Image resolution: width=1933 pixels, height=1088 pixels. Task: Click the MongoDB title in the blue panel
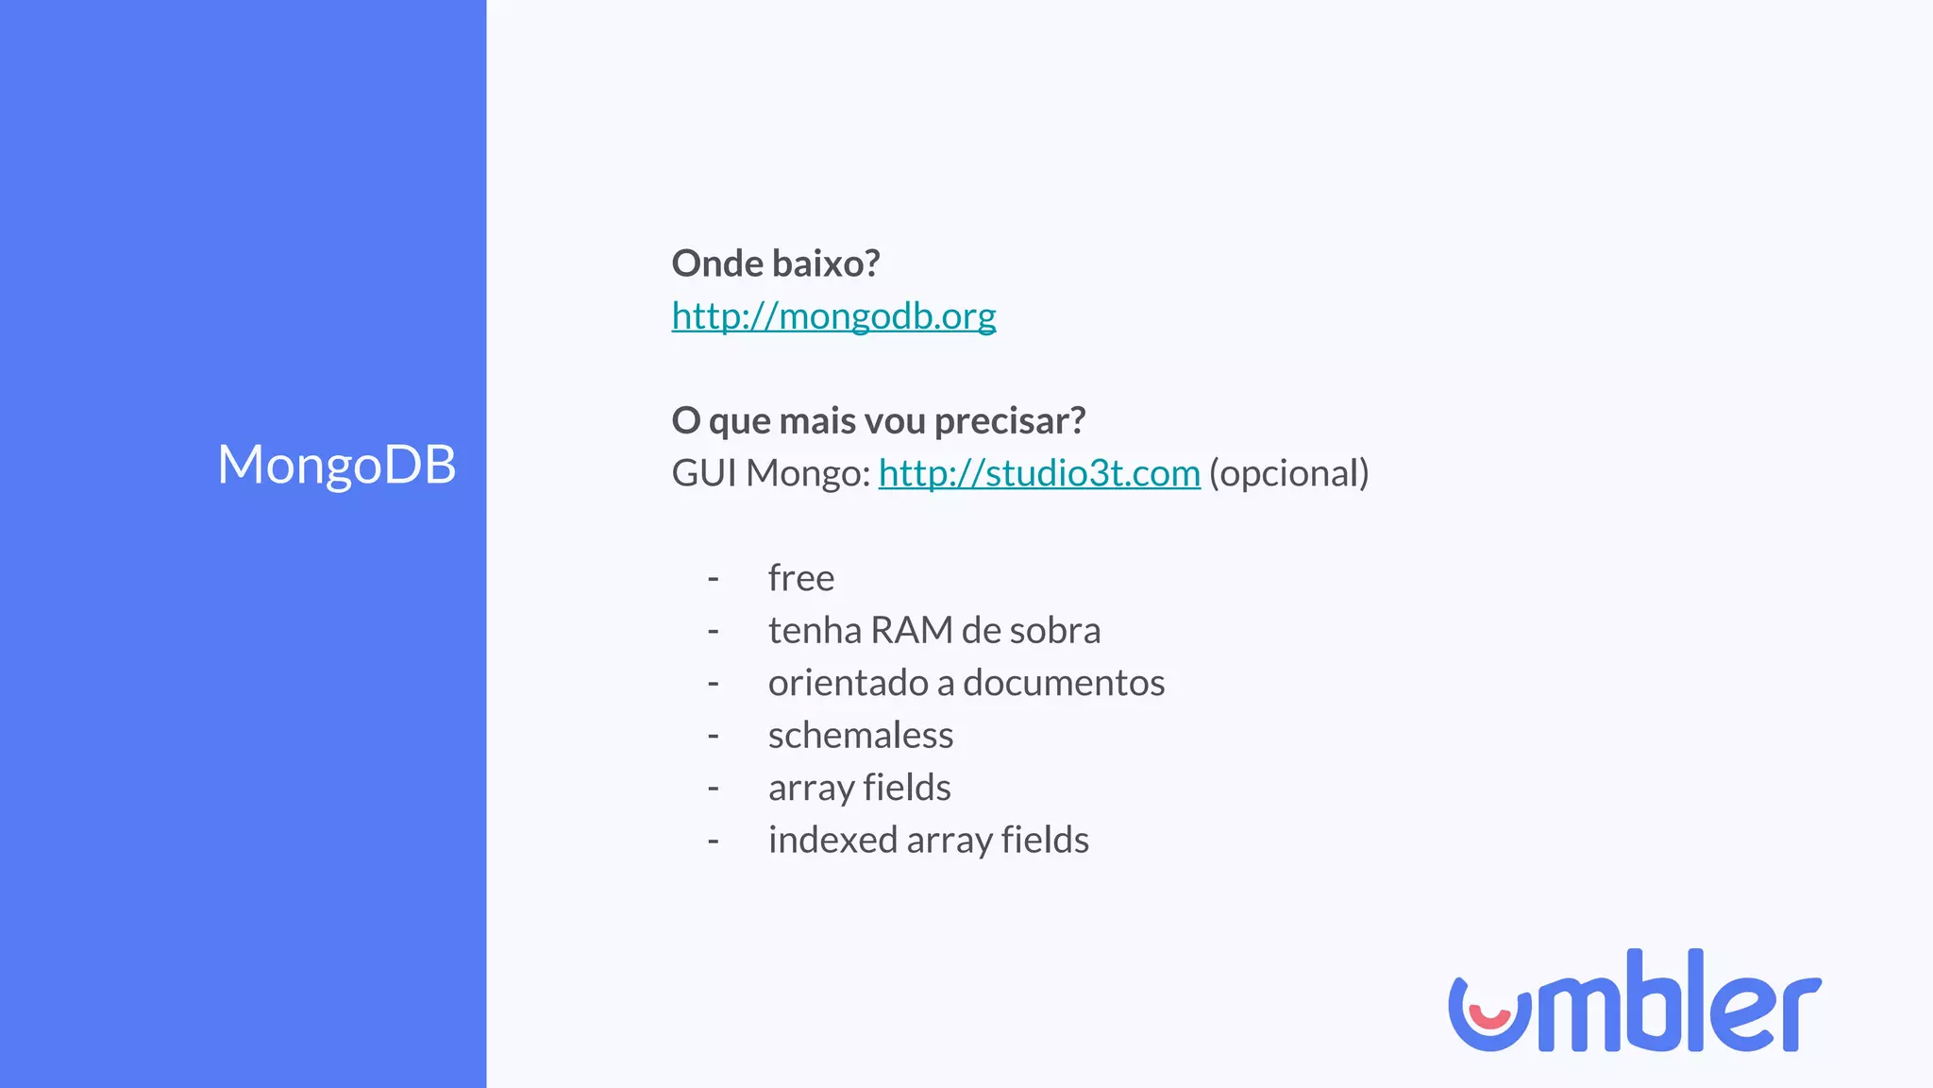(x=336, y=465)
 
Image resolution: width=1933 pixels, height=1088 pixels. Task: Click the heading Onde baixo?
(x=775, y=263)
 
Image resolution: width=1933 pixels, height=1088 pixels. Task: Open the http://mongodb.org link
(x=833, y=316)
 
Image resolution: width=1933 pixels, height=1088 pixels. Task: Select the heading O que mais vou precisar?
(x=878, y=420)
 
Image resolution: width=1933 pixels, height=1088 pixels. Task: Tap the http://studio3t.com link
(x=1038, y=473)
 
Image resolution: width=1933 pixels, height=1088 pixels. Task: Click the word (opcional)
(x=1288, y=473)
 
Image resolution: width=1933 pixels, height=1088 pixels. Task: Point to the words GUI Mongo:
(x=770, y=473)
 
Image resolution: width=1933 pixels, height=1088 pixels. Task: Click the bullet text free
(x=800, y=578)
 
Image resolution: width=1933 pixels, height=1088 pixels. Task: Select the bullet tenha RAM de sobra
(x=933, y=631)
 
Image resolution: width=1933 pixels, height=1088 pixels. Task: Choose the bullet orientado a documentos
(x=966, y=683)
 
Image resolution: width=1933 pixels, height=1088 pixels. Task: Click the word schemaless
(x=860, y=736)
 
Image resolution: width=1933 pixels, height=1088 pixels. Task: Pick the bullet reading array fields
(x=859, y=788)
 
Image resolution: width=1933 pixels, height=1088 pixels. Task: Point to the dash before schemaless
(x=714, y=736)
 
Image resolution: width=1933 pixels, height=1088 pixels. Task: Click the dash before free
(x=714, y=578)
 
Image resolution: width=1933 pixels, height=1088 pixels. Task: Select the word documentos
(x=1064, y=683)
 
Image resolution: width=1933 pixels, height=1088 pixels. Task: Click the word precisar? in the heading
(x=1009, y=420)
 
